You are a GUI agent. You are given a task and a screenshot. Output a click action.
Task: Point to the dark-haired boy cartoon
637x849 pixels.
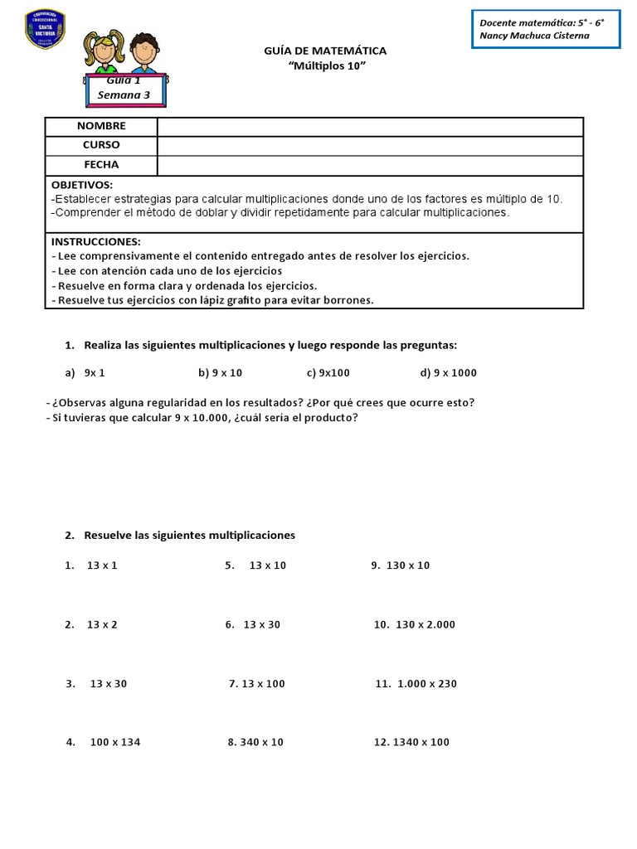pos(146,53)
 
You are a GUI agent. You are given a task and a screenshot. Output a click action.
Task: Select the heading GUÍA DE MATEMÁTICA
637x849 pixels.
pos(324,51)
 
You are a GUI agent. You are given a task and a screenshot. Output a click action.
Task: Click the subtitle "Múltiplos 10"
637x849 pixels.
pos(324,66)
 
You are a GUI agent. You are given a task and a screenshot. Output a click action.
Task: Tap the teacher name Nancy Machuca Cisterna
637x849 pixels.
pos(534,36)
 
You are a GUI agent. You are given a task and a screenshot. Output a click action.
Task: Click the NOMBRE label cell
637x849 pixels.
pos(101,126)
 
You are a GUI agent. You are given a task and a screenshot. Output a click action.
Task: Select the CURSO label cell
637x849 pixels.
pos(101,145)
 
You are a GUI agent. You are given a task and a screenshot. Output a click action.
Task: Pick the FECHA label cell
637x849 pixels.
pos(101,165)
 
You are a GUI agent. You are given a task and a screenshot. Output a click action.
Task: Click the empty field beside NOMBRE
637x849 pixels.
pos(370,126)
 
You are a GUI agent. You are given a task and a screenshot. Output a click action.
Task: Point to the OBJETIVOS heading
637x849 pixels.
pos(82,184)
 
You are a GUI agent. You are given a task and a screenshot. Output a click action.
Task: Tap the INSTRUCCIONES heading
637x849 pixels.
pos(95,241)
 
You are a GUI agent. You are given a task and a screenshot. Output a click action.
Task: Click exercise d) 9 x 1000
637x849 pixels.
pos(448,373)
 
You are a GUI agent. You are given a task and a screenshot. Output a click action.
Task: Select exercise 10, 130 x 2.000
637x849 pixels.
pos(414,625)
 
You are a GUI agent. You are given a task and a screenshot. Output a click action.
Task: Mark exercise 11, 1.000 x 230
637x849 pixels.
pos(416,684)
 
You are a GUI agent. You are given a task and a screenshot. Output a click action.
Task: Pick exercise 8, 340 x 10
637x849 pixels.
pos(255,742)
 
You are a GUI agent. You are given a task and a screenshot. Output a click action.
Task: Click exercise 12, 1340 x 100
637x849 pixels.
pos(411,742)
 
